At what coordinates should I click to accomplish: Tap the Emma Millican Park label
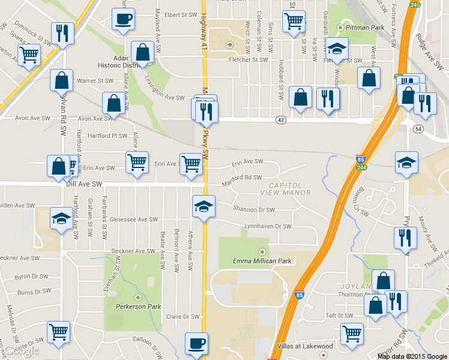262,261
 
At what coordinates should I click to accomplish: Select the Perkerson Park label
138,306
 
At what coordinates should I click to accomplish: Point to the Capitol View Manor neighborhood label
286,189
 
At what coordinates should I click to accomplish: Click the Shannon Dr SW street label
254,210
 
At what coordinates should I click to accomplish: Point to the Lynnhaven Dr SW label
267,227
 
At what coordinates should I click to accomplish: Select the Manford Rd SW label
242,178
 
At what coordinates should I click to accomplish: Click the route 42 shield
281,120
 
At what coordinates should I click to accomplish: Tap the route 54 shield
418,129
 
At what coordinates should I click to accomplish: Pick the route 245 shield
415,5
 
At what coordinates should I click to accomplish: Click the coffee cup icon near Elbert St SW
123,18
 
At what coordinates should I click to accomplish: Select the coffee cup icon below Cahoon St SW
196,343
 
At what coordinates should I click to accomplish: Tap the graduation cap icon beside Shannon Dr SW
203,206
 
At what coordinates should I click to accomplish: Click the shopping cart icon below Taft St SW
352,334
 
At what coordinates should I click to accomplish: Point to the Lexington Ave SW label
163,97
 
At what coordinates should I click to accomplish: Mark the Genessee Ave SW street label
133,220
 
